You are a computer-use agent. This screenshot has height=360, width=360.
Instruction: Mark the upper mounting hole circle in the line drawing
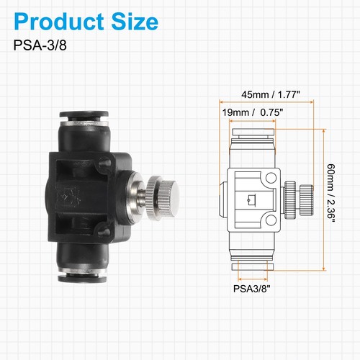coord(271,178)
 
